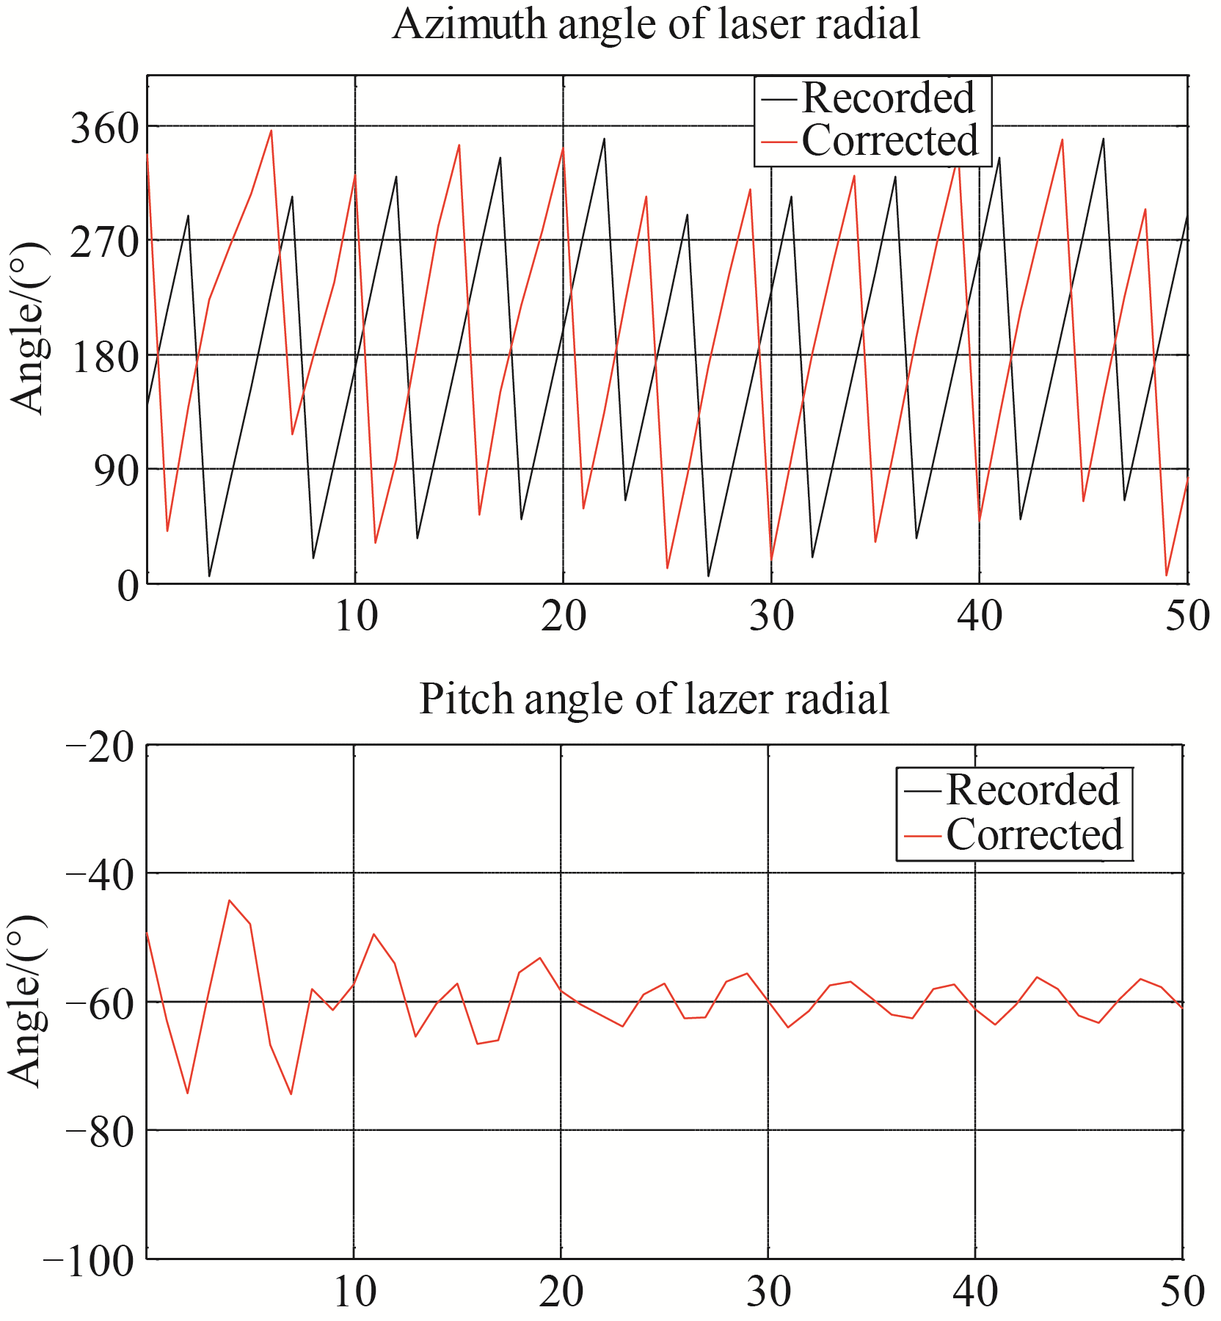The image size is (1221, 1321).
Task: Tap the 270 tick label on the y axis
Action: point(104,241)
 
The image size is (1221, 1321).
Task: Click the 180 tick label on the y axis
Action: point(104,357)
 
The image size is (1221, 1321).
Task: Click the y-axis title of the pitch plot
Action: point(26,1001)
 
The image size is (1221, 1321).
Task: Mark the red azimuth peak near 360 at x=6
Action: point(271,131)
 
